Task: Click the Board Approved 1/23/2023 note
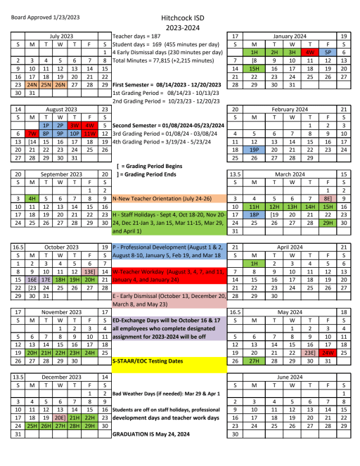tap(43, 7)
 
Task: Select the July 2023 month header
tap(60, 34)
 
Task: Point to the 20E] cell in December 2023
tap(60, 416)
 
